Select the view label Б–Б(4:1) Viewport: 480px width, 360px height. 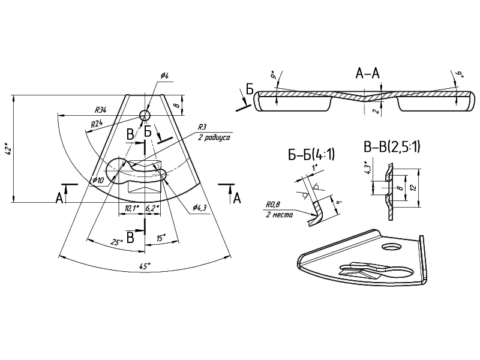tap(311, 156)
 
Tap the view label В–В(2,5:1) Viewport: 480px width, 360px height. tap(392, 146)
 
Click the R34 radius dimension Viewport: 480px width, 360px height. tap(101, 110)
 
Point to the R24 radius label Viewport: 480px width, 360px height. tap(97, 124)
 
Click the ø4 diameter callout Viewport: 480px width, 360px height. tap(164, 76)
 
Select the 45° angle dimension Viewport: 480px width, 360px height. tap(145, 265)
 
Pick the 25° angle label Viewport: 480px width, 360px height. tap(117, 241)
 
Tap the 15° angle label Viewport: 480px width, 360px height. tap(161, 238)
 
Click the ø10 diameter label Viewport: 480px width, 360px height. tap(98, 180)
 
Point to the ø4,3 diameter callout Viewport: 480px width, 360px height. tap(200, 208)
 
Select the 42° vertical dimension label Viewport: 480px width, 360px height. tap(8, 149)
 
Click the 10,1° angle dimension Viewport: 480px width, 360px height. tap(131, 208)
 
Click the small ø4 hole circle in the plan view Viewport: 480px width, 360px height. tap(145, 115)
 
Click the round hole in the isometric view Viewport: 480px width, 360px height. tap(392, 247)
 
